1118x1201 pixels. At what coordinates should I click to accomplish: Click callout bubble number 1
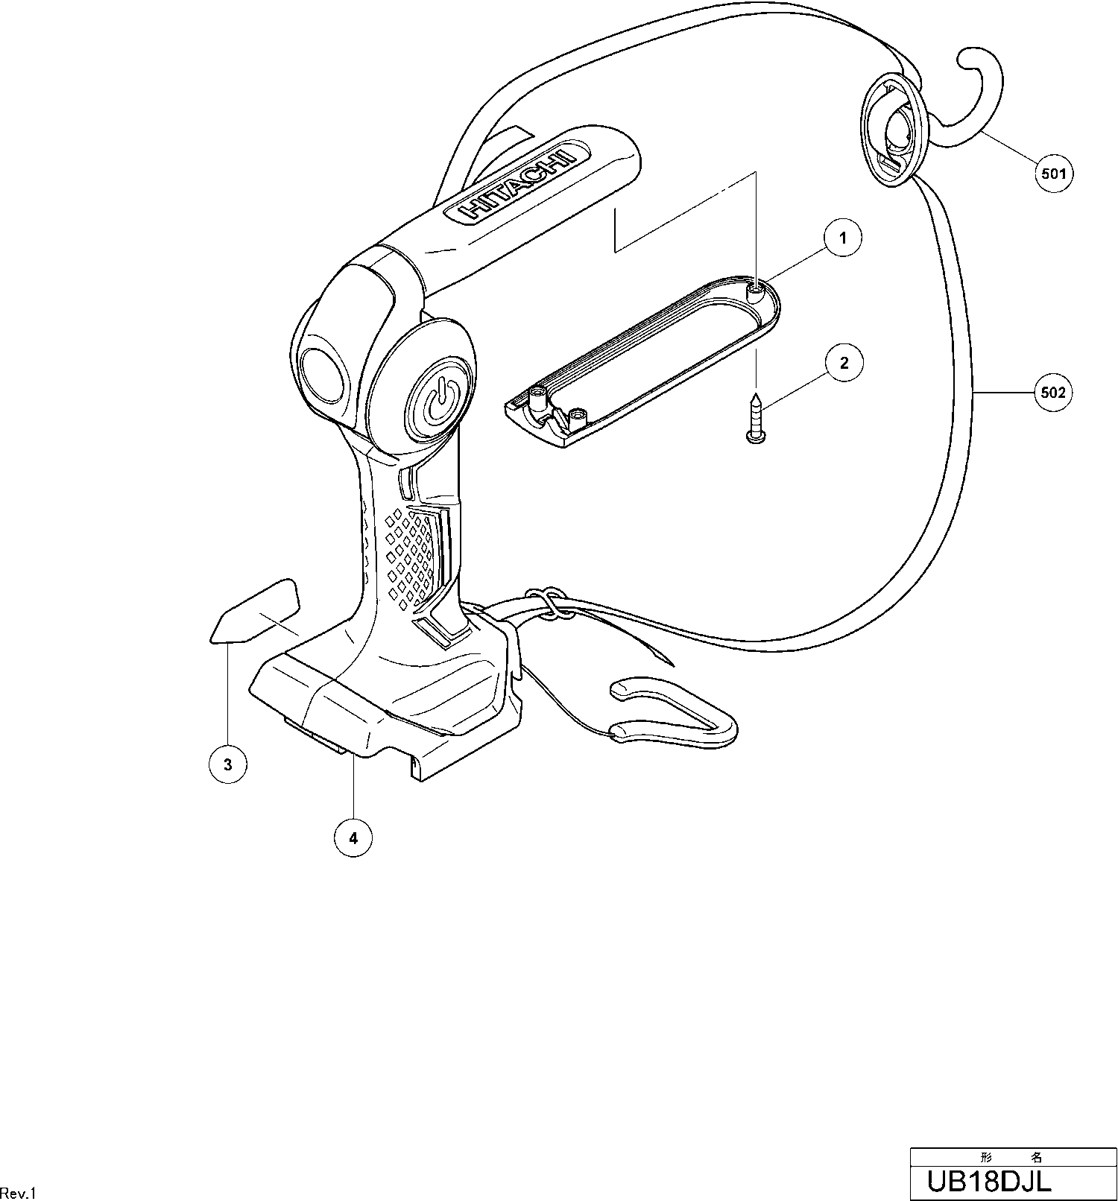click(843, 238)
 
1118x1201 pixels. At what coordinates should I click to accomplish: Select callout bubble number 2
click(844, 364)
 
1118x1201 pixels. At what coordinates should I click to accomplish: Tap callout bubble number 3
click(228, 764)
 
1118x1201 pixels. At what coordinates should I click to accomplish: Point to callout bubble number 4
click(353, 838)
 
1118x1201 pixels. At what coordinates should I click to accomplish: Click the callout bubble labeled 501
click(1053, 174)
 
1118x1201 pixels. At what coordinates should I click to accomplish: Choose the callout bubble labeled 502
click(1053, 393)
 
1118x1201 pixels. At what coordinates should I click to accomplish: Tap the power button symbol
click(440, 403)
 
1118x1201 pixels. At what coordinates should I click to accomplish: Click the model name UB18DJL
click(988, 1181)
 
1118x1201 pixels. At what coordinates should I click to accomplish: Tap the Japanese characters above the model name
click(1012, 1157)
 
